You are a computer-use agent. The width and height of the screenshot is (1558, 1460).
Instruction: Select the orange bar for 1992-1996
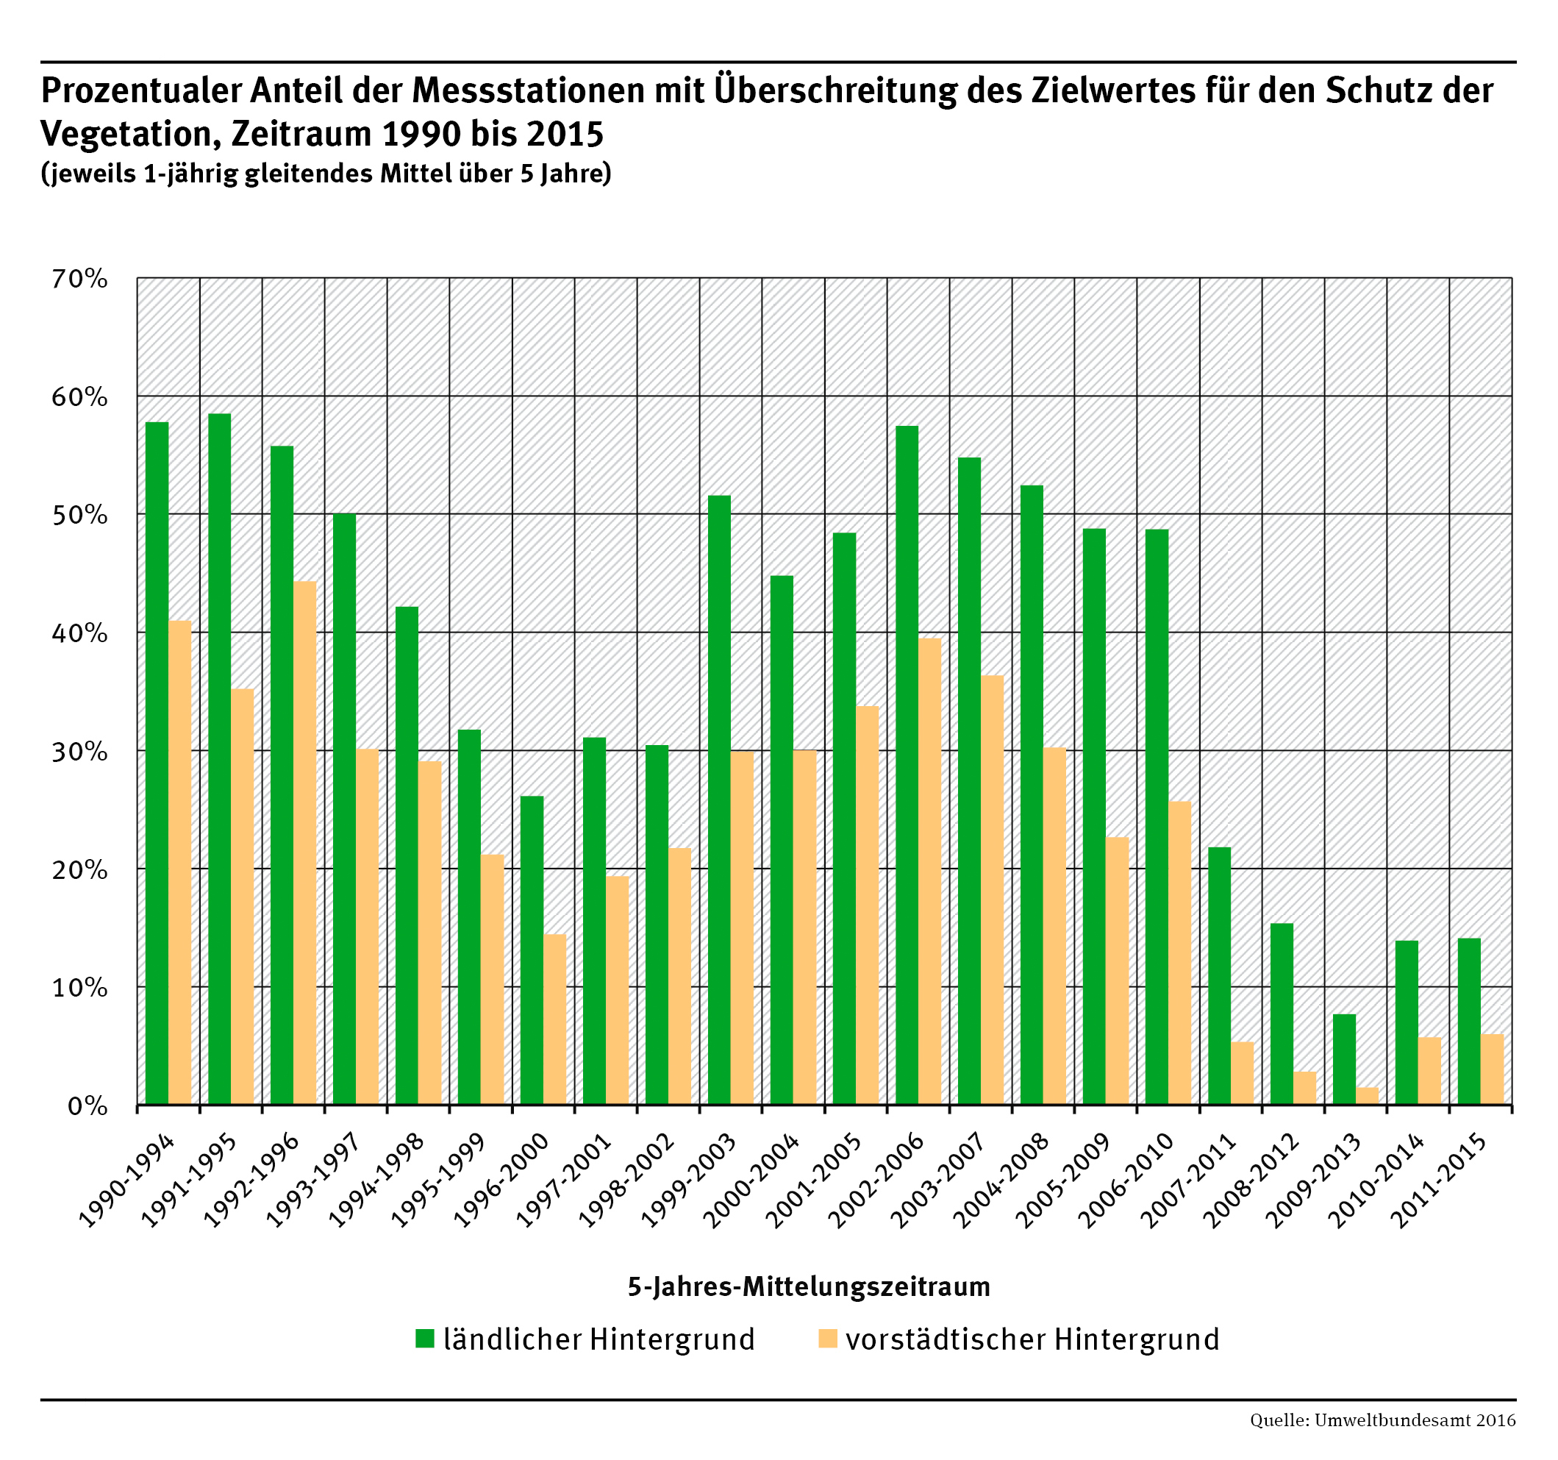tap(305, 843)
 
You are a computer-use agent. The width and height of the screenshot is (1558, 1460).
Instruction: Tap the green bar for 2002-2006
tap(907, 765)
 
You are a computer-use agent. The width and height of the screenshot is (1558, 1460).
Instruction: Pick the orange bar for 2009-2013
tap(1367, 1096)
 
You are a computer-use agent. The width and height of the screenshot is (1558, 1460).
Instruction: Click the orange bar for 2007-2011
tap(1242, 1073)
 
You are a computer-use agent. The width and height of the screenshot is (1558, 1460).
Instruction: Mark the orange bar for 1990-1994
tap(180, 863)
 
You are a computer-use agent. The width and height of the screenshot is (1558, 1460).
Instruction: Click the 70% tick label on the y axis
tap(79, 279)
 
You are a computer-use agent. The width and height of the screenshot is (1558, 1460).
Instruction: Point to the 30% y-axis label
tap(79, 752)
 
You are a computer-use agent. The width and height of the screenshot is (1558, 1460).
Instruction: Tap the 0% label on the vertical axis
tap(87, 1106)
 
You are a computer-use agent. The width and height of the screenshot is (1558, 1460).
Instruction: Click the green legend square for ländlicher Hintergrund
tap(424, 1339)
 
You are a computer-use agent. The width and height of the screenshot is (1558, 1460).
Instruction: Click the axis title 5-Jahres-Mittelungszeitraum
tap(809, 1286)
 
